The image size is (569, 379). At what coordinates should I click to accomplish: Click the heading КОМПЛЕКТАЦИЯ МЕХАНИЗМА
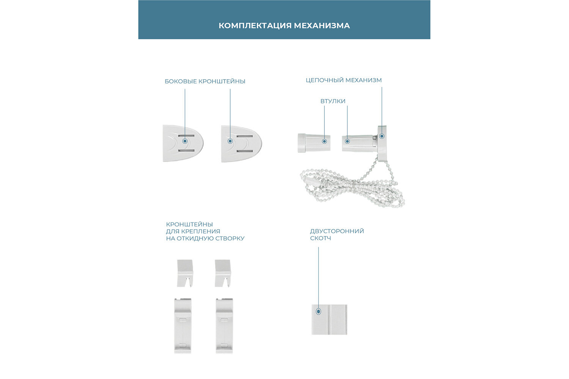point(284,26)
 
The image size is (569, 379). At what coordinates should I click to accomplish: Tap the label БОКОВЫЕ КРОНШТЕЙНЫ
point(205,81)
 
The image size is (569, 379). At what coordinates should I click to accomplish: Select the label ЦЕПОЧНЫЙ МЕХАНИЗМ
point(344,80)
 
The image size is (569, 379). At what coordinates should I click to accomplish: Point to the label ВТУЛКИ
point(333,101)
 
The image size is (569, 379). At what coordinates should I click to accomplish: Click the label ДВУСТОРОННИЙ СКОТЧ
point(336,234)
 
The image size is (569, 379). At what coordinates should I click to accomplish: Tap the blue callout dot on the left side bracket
point(185,141)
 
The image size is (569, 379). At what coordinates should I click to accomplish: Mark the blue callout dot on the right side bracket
point(230,141)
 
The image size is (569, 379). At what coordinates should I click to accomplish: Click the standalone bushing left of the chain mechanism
point(313,143)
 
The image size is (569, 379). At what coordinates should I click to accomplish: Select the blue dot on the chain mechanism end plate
point(382,136)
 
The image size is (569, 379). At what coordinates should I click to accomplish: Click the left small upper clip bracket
point(185,273)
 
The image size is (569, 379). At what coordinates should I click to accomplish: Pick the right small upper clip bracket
point(223,273)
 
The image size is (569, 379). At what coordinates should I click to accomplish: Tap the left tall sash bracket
point(182,326)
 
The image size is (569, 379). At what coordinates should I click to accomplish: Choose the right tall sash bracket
point(224,326)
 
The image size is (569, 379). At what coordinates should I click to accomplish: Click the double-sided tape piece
point(329,319)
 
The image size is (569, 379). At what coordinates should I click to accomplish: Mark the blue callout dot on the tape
point(318,312)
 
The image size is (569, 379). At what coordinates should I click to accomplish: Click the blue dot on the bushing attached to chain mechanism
point(347,141)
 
